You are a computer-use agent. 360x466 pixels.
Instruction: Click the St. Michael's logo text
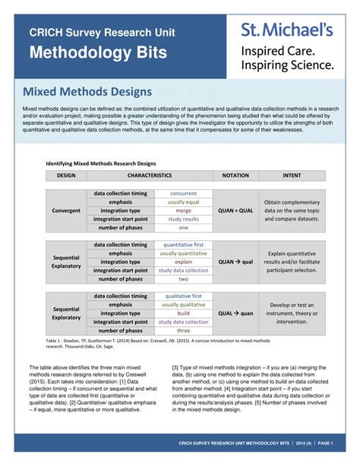(286, 30)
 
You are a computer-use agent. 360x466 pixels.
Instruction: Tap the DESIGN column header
(66, 175)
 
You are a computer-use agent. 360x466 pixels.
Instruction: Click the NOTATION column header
(235, 175)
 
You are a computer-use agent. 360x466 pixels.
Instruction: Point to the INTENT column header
(292, 175)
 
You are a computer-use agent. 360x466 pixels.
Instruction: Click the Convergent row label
(66, 211)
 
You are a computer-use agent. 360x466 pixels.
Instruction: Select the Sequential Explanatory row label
(66, 262)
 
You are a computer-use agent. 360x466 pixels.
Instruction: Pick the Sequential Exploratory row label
(66, 313)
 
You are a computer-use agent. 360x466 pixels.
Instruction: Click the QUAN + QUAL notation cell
(235, 211)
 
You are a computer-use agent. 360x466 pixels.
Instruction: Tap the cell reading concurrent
(183, 193)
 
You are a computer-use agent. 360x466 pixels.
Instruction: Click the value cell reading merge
(183, 211)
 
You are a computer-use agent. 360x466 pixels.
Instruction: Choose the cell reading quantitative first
(183, 245)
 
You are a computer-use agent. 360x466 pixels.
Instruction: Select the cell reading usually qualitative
(183, 304)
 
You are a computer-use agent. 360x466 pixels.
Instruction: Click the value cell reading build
(183, 313)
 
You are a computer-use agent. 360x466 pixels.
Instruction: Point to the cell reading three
(183, 331)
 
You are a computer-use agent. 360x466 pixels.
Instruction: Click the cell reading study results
(183, 219)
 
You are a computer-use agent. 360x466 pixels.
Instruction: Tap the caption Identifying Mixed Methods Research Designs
(101, 163)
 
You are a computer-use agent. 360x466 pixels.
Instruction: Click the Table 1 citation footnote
(152, 344)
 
